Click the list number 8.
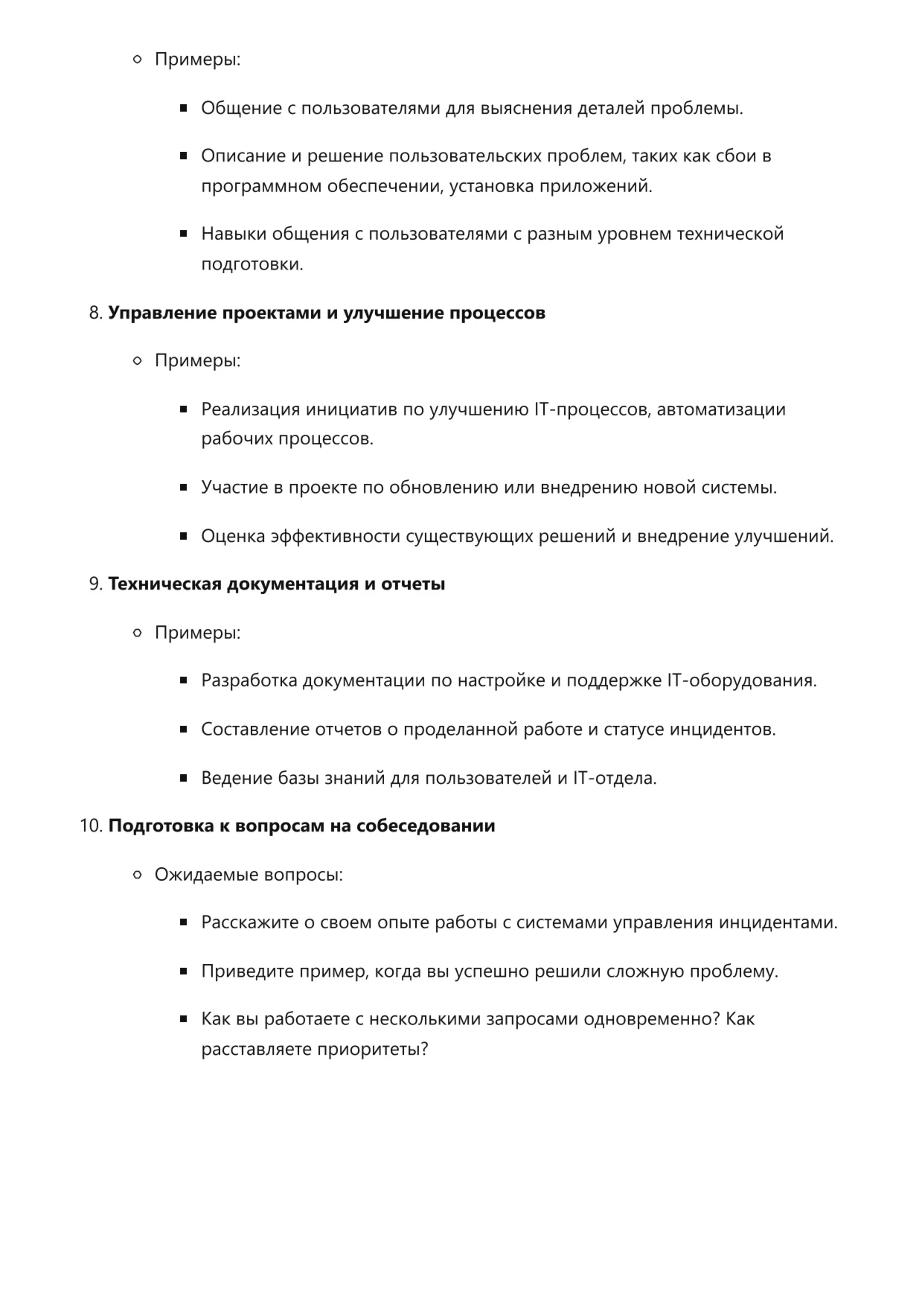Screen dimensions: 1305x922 (x=95, y=313)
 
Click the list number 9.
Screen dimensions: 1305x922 (x=95, y=584)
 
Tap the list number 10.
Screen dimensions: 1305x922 (x=90, y=826)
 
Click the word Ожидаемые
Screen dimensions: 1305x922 (x=196, y=875)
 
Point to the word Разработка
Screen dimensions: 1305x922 (x=249, y=681)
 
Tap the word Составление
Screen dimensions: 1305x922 (x=254, y=730)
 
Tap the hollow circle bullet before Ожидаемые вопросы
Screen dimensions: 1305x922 (x=137, y=875)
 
